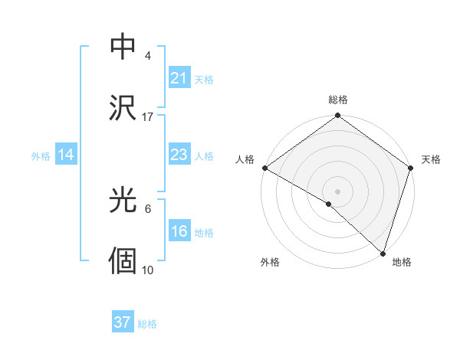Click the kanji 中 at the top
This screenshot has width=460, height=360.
(x=123, y=47)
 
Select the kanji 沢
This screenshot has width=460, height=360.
(x=123, y=106)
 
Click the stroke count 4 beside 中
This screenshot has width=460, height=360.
(x=148, y=56)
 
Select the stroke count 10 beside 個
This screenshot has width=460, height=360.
(x=148, y=270)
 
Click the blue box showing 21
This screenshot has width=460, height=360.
(x=179, y=78)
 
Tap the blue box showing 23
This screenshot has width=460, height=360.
(x=179, y=155)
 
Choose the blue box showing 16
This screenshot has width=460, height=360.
(x=179, y=232)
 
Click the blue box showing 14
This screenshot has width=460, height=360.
(x=66, y=155)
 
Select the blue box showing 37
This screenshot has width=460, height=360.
(x=122, y=322)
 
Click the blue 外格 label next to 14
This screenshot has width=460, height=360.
(x=41, y=156)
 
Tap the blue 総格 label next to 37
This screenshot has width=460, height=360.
(x=147, y=324)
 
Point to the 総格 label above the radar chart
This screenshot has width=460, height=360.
(x=338, y=100)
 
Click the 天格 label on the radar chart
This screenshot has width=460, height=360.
(x=432, y=159)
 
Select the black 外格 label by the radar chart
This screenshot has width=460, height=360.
(x=270, y=262)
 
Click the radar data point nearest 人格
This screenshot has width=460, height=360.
(x=264, y=168)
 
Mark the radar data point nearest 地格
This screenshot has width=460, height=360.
(x=383, y=253)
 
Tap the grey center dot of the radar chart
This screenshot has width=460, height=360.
(x=338, y=191)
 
